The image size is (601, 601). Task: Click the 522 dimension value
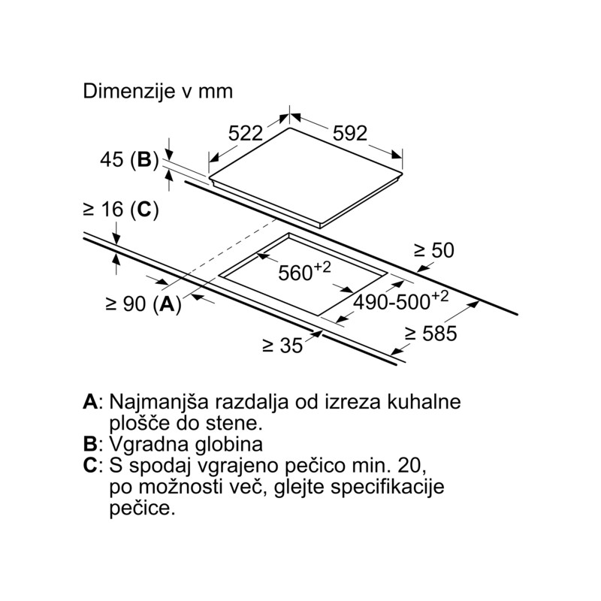(x=246, y=134)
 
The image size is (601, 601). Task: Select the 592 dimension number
(x=350, y=134)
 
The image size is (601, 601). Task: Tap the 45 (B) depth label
(x=129, y=159)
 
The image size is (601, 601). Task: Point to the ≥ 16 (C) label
(x=121, y=210)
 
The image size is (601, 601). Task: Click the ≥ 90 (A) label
(x=143, y=304)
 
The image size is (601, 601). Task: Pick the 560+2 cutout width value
(x=304, y=271)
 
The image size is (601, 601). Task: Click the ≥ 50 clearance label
(x=434, y=250)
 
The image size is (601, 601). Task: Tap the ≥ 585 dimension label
(x=431, y=334)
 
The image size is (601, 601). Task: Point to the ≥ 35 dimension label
(x=283, y=346)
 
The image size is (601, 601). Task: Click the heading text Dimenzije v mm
(x=158, y=92)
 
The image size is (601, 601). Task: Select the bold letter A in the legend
(x=90, y=402)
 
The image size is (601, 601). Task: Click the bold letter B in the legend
(x=90, y=444)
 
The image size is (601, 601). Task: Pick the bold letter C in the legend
(x=90, y=466)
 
